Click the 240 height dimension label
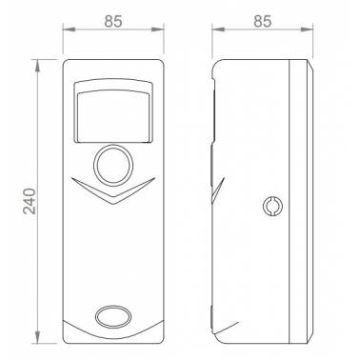point(30,201)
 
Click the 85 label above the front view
point(113,22)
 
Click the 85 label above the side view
point(263,22)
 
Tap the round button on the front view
point(113,165)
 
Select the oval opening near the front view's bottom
point(113,317)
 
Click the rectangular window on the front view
point(113,110)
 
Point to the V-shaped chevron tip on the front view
point(113,204)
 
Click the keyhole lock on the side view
point(272,206)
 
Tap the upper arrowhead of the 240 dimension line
point(38,67)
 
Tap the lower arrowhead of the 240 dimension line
point(38,336)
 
